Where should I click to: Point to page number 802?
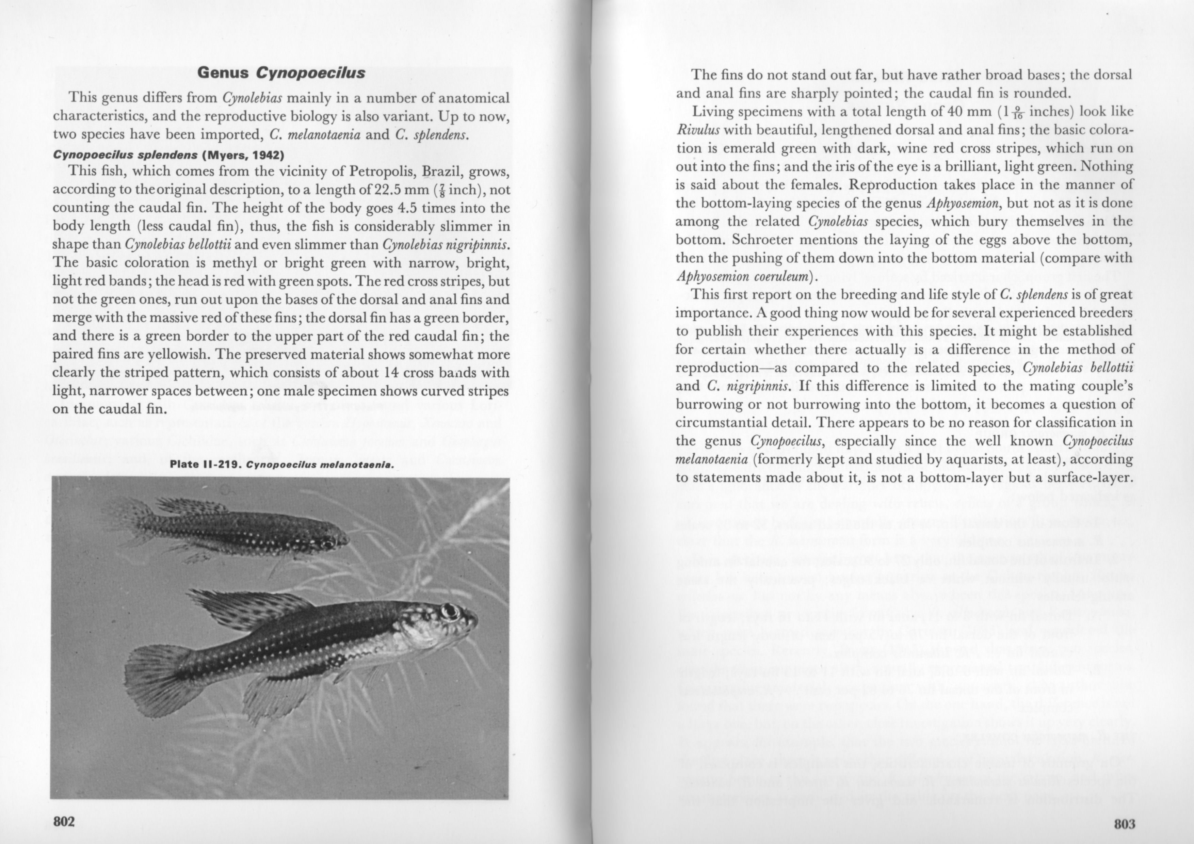coord(64,821)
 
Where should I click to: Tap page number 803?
coord(1124,824)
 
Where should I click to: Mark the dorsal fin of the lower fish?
coord(249,608)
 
